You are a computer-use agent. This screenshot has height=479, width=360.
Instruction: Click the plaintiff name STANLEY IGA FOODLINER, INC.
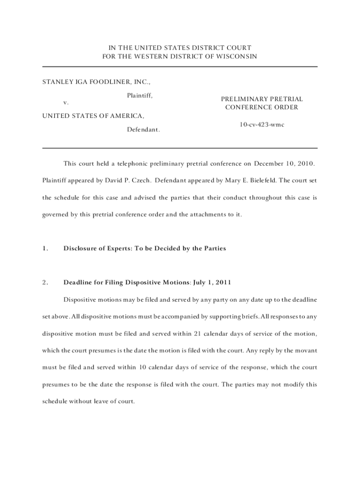pyautogui.click(x=96, y=82)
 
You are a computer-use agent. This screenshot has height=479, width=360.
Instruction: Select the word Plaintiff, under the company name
pyautogui.click(x=140, y=95)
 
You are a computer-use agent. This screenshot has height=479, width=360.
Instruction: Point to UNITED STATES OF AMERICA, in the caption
pyautogui.click(x=94, y=116)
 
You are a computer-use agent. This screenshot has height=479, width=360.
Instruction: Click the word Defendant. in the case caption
pyautogui.click(x=144, y=130)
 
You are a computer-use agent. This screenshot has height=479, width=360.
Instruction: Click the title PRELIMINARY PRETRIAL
pyautogui.click(x=261, y=99)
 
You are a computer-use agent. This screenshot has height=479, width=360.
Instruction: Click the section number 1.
pyautogui.click(x=45, y=248)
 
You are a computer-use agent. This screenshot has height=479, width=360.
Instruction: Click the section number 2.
pyautogui.click(x=45, y=282)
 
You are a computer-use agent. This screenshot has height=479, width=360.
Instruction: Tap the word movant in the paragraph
pyautogui.click(x=306, y=350)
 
